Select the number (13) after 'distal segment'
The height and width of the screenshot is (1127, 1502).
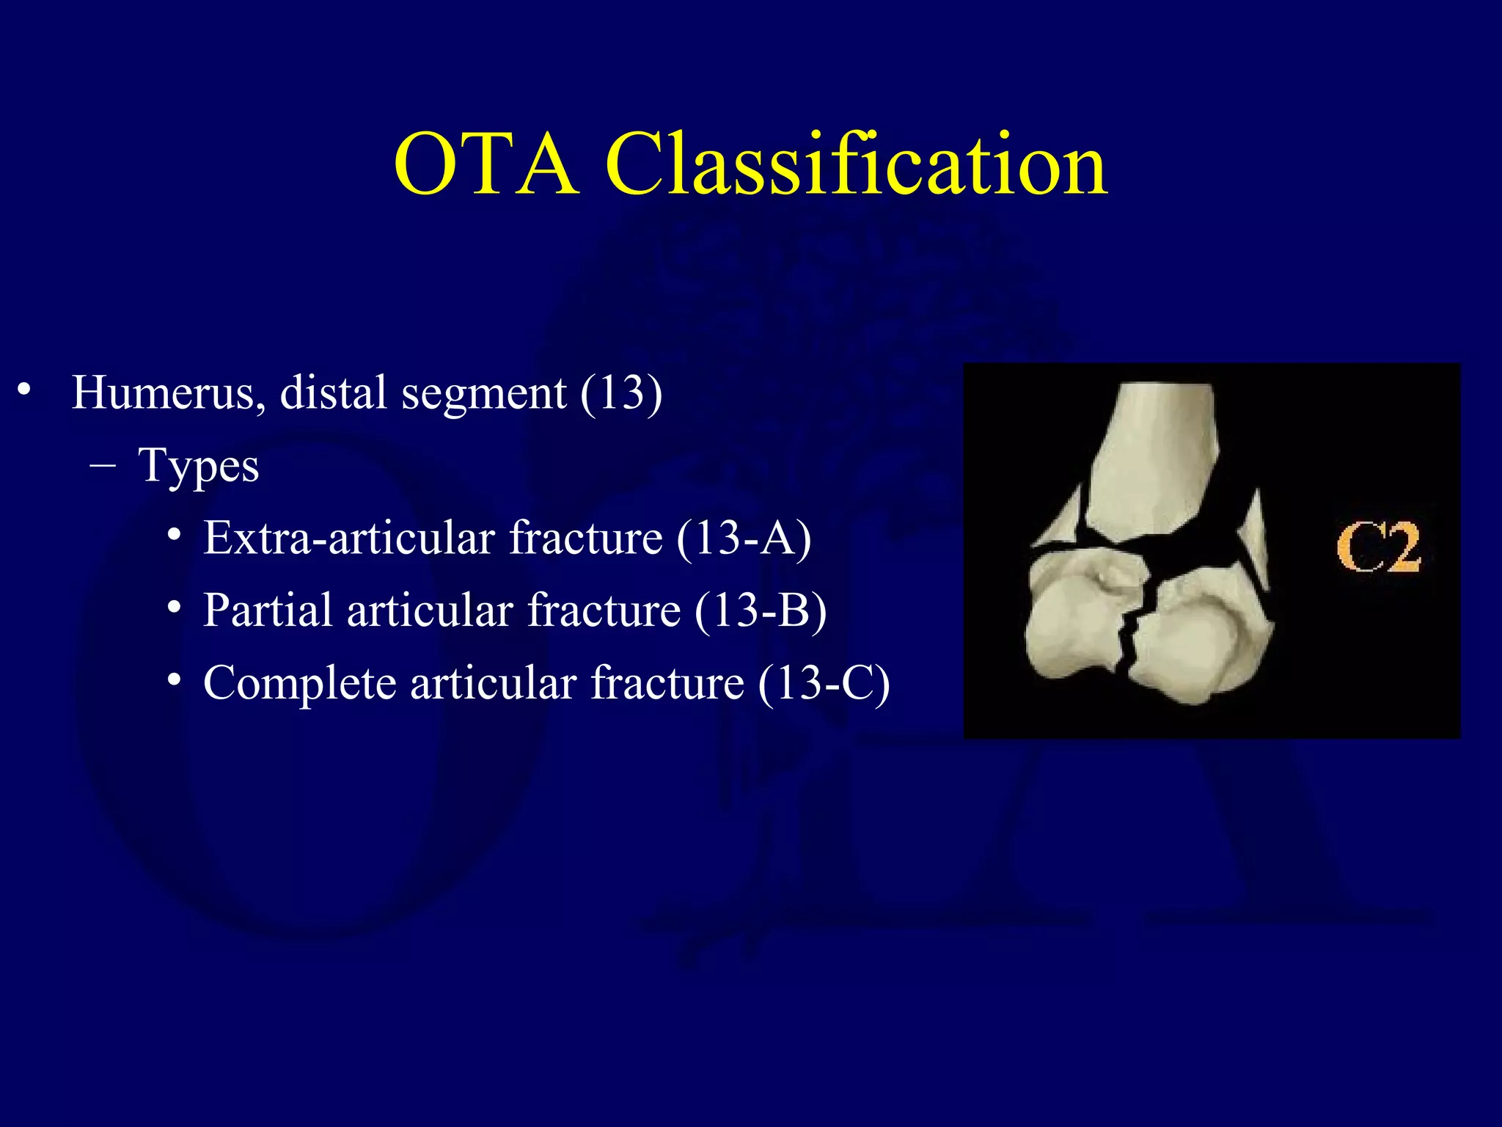621,393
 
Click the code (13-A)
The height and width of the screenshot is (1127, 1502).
744,538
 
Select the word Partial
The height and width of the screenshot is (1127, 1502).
267,610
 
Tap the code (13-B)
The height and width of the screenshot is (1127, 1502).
761,610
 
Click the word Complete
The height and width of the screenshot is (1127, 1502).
299,683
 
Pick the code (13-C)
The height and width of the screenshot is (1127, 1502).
824,683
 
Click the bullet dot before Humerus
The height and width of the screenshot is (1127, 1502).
25,390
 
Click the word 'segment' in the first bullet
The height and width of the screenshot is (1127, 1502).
483,393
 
